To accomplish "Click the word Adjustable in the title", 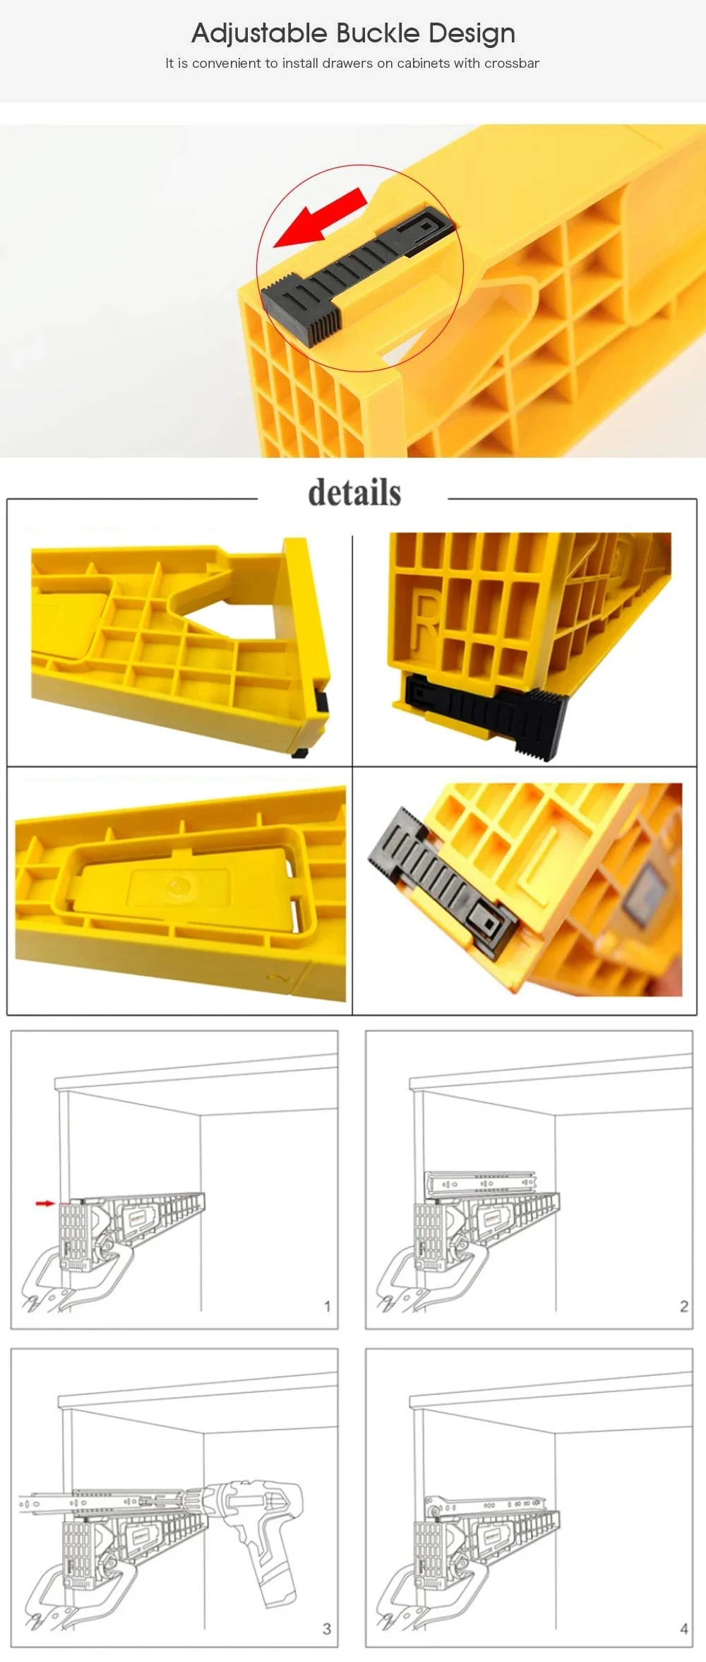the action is coord(259,33).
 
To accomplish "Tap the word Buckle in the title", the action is coord(378,32).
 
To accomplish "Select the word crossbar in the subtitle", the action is coord(512,63).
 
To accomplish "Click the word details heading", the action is coord(354,492).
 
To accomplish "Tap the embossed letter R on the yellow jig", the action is coord(425,622).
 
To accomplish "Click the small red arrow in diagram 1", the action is coord(45,1203).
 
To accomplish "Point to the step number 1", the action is coord(327,1306).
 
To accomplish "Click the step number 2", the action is coord(683,1306).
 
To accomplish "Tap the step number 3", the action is coord(326,1629).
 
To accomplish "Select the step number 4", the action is coord(683,1629).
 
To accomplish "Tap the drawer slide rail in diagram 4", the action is coord(484,1505).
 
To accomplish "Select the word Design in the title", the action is coord(472,34).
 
